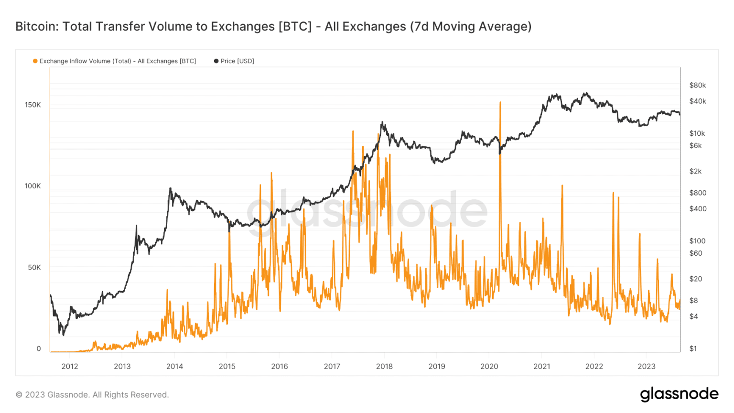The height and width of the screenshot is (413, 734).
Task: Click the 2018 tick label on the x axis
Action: (384, 366)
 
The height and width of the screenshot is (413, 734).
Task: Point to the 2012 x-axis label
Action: (70, 366)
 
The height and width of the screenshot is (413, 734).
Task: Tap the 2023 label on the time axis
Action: (647, 366)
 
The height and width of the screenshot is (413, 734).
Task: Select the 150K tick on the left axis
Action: (33, 105)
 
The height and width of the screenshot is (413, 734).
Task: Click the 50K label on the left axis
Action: (34, 267)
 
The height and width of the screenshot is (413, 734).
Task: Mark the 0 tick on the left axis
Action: (39, 348)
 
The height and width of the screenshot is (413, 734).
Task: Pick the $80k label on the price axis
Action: (697, 85)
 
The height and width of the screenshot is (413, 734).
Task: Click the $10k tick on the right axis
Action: (697, 133)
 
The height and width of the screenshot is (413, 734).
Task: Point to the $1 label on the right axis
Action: (693, 348)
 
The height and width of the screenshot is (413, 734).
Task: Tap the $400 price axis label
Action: (698, 208)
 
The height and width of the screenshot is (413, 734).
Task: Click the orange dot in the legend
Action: (35, 61)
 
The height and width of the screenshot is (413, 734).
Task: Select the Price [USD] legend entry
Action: (237, 61)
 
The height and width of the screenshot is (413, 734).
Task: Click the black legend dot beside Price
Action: (216, 61)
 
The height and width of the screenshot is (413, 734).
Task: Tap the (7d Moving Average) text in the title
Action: (471, 26)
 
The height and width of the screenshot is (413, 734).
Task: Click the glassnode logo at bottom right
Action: (679, 394)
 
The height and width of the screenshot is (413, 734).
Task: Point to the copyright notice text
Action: (92, 395)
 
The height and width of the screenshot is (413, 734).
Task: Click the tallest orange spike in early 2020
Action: (500, 102)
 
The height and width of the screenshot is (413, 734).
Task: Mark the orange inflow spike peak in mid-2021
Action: (562, 185)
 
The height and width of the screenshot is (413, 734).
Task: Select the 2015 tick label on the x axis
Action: (227, 366)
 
